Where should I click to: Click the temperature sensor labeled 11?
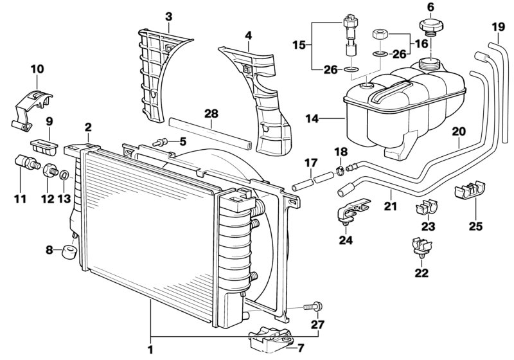click(x=24, y=165)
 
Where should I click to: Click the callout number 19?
click(x=499, y=27)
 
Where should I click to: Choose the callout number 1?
click(x=151, y=350)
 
